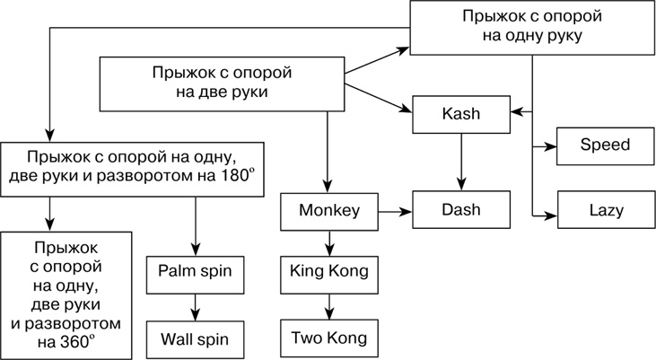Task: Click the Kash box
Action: [x=461, y=114]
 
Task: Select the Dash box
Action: [x=461, y=210]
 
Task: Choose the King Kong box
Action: [x=329, y=269]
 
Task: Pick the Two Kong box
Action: [x=329, y=338]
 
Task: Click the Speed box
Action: [x=605, y=145]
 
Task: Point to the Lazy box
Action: [x=605, y=210]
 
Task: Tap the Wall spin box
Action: [x=195, y=338]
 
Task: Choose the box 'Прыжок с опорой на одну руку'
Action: [x=533, y=27]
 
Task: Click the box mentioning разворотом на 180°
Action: [x=136, y=164]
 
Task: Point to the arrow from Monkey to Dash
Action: [x=393, y=211]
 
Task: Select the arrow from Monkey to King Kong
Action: [x=329, y=241]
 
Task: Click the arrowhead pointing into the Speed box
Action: [x=550, y=145]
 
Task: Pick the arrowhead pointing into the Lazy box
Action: [x=550, y=213]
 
